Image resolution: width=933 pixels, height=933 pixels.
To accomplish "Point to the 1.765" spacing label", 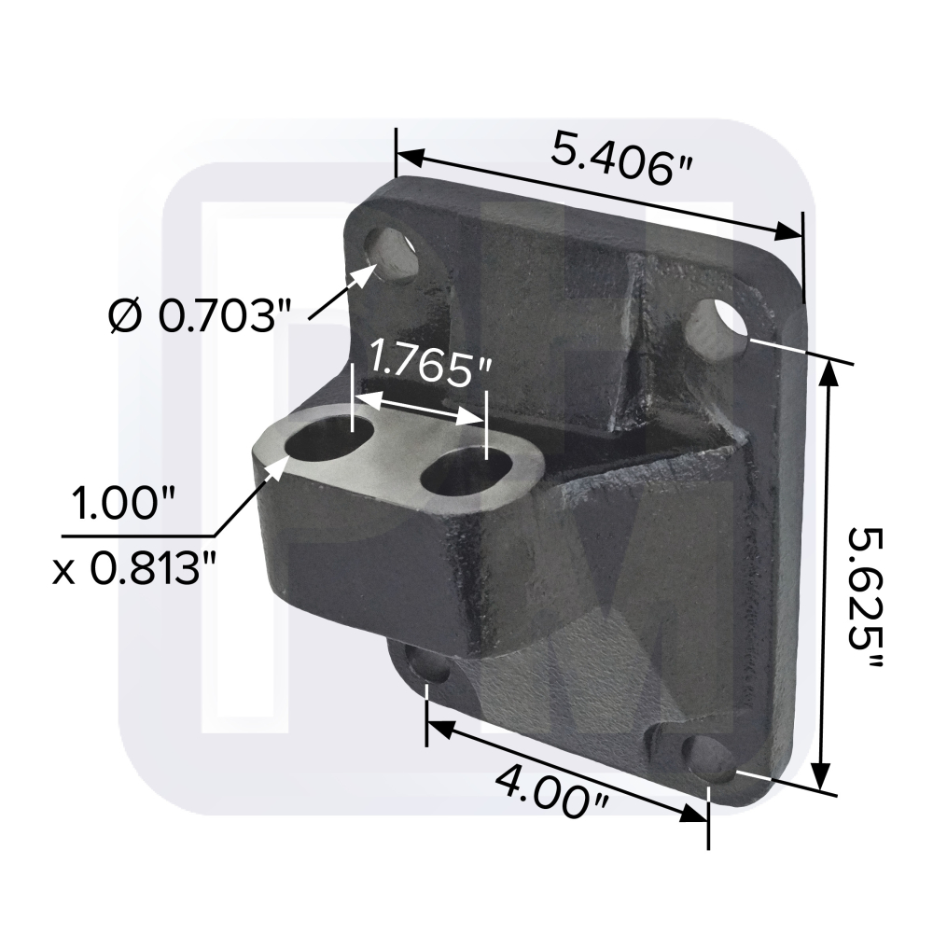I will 430,365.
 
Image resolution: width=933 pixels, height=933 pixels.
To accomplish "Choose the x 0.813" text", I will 140,565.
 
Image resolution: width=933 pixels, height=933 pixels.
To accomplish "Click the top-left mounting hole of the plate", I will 396,254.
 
